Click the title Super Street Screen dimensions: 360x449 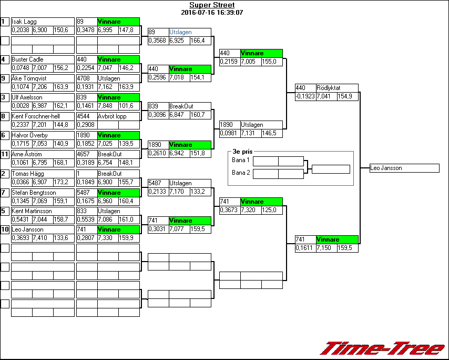pyautogui.click(x=212, y=5)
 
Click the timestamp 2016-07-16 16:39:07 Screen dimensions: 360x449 pyautogui.click(x=212, y=12)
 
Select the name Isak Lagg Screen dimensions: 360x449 pyautogui.click(x=24, y=22)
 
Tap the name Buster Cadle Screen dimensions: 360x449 pyautogui.click(x=27, y=59)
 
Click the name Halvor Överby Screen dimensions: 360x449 pyautogui.click(x=29, y=135)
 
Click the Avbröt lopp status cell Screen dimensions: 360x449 pyautogui.click(x=111, y=116)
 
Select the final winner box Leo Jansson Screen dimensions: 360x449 pyautogui.click(x=404, y=168)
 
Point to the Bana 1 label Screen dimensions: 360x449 pyautogui.click(x=240, y=159)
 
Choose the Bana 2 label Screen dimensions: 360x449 pyautogui.click(x=240, y=172)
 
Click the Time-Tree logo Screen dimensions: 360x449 pyautogui.click(x=382, y=348)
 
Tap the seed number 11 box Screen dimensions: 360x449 pyautogui.click(x=5, y=154)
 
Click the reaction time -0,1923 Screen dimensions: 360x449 pyautogui.click(x=305, y=96)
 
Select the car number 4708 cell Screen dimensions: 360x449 pyautogui.click(x=86, y=78)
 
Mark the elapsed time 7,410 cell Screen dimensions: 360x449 pyautogui.click(x=42, y=238)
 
